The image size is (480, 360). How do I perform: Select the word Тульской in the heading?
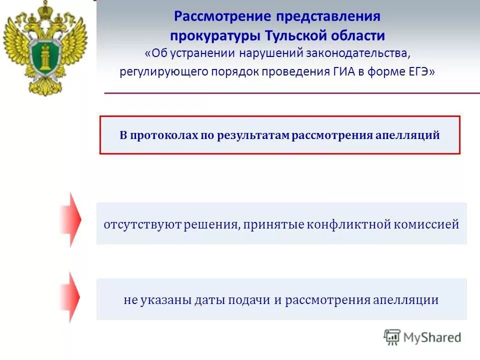302,35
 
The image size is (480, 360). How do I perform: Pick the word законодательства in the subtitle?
364,53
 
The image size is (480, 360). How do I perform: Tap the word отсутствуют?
133,224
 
